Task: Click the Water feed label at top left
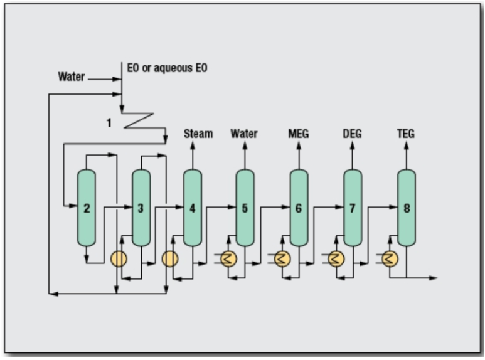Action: coord(72,77)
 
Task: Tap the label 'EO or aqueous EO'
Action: coord(166,67)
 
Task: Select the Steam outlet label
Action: coord(198,134)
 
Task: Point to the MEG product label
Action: coord(298,134)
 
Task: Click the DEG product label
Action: coord(352,134)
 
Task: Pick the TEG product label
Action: coord(406,134)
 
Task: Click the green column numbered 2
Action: coord(87,208)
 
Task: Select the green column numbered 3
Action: coord(141,208)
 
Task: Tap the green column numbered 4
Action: coord(193,208)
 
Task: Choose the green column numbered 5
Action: coord(245,208)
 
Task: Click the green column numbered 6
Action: coord(299,208)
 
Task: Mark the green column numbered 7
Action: coord(353,208)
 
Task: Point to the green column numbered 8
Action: coord(407,208)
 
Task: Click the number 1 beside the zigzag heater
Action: coord(109,122)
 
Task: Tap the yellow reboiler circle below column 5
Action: coord(228,258)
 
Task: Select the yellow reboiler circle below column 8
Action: coord(390,258)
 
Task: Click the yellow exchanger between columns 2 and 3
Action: coord(118,258)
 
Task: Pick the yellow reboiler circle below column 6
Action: coord(282,258)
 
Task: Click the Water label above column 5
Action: coord(244,134)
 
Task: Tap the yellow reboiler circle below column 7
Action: coord(336,258)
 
